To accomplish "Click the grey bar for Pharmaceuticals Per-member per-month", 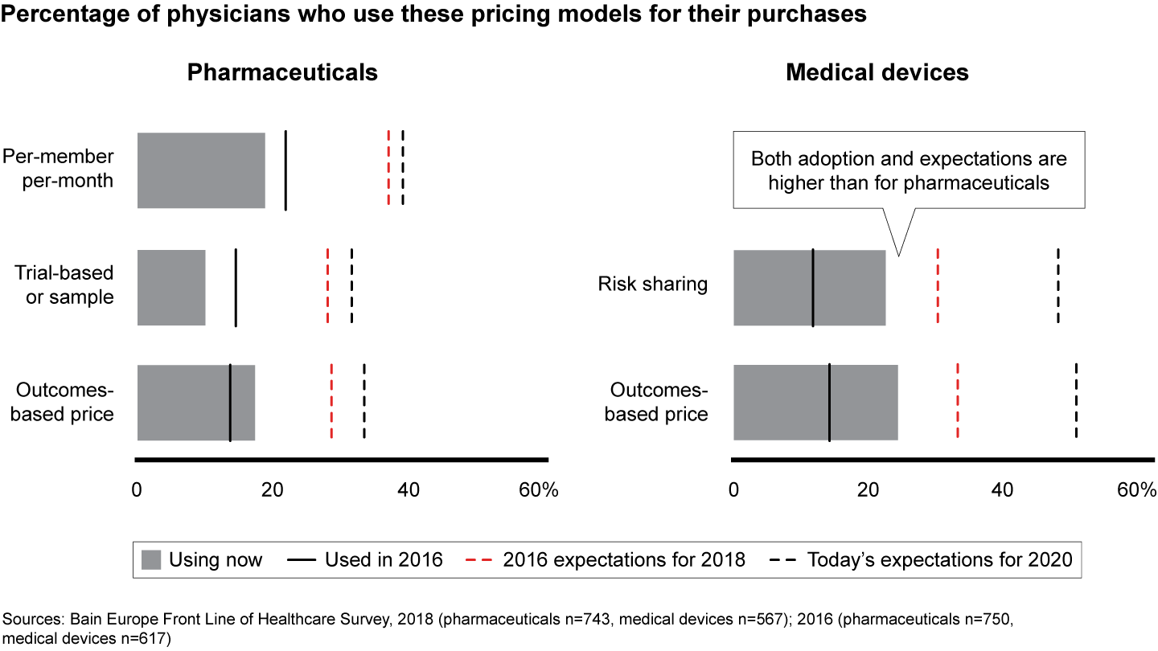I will pos(201,170).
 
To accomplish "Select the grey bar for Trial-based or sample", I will pos(171,287).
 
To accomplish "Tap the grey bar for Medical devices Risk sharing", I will pos(809,287).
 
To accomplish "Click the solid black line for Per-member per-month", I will pos(285,170).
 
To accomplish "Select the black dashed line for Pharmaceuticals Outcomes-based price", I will pos(364,402).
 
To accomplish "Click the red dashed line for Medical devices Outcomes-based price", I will pos(958,402).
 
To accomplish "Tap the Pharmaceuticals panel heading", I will pos(282,72).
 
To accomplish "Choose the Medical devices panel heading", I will pos(877,72).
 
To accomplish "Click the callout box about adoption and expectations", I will pos(909,170).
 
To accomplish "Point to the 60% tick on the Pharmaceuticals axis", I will pos(538,490).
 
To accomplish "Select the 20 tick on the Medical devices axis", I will pos(867,490).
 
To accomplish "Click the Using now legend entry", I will pos(202,559).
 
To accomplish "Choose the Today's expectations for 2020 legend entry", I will pos(922,559).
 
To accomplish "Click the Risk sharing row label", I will pos(652,285).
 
